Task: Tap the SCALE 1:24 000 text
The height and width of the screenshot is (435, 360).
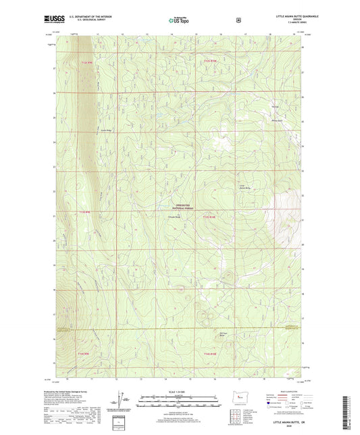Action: (179, 392)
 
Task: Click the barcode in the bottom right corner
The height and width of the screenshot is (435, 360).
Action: (346, 413)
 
